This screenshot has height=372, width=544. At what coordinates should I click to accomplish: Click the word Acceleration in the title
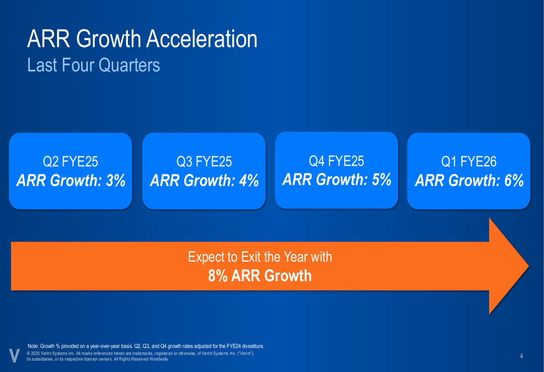pyautogui.click(x=202, y=39)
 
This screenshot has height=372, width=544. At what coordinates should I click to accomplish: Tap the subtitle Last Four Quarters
pyautogui.click(x=94, y=65)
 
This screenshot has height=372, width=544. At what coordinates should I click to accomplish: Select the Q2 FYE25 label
pyautogui.click(x=70, y=161)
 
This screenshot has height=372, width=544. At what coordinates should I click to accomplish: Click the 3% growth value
pyautogui.click(x=116, y=180)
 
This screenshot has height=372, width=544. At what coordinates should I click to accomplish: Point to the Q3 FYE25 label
pyautogui.click(x=204, y=161)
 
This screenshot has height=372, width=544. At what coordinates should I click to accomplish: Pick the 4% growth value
pyautogui.click(x=249, y=180)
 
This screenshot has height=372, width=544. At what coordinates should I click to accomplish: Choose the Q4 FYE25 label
pyautogui.click(x=337, y=161)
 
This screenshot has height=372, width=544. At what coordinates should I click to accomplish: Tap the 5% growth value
pyautogui.click(x=382, y=179)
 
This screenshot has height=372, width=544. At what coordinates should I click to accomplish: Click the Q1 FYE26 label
pyautogui.click(x=469, y=161)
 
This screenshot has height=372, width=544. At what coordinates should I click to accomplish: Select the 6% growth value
pyautogui.click(x=514, y=180)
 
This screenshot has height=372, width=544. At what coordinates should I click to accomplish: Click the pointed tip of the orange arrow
pyautogui.click(x=528, y=266)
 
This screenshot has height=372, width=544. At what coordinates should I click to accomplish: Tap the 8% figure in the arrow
pyautogui.click(x=218, y=276)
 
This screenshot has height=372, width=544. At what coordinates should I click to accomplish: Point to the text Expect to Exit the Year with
pyautogui.click(x=260, y=257)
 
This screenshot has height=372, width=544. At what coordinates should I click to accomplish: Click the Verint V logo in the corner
pyautogui.click(x=14, y=356)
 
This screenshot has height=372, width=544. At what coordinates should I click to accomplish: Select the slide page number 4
pyautogui.click(x=521, y=356)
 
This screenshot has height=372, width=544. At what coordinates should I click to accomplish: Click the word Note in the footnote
pyautogui.click(x=33, y=346)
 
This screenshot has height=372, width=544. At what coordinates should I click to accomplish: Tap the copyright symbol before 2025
pyautogui.click(x=28, y=354)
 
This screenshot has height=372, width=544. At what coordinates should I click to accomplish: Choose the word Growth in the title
pyautogui.click(x=109, y=39)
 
